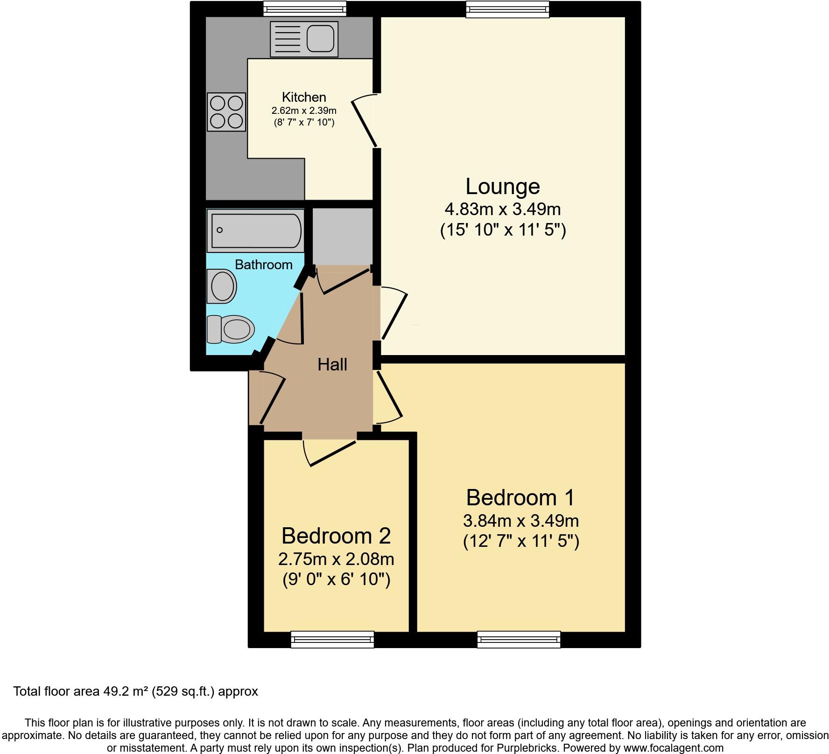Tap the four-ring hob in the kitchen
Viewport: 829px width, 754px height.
point(226,112)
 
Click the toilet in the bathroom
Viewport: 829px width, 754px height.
point(232,328)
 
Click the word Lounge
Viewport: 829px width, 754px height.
point(502,186)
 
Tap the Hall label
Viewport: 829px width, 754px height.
point(332,364)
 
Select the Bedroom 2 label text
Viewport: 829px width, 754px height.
point(336,536)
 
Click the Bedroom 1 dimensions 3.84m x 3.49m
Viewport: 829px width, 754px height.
point(520,520)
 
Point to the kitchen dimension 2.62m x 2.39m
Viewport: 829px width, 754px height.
point(304,111)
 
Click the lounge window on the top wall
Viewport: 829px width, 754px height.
point(507,9)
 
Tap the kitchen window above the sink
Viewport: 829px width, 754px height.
point(304,9)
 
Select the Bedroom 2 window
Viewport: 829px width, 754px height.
point(332,639)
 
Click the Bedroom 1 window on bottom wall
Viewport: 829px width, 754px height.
point(518,639)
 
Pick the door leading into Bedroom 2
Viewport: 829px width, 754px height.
point(331,452)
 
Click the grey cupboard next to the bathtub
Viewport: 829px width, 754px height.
point(342,236)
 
